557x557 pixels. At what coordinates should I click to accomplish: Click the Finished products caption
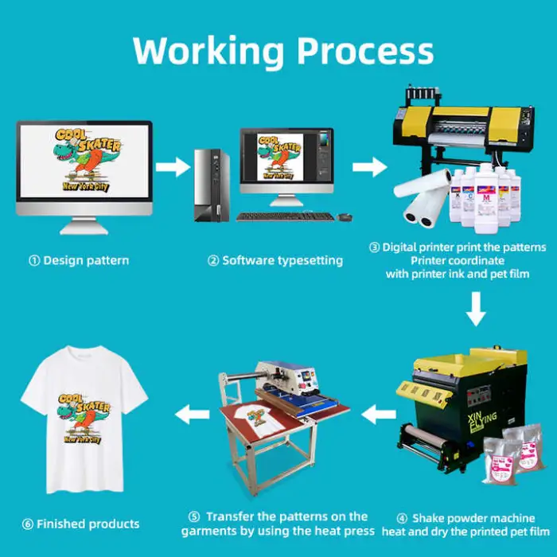click(81, 524)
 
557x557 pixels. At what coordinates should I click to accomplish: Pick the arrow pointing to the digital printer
click(366, 167)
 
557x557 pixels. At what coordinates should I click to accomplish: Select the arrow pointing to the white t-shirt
click(189, 413)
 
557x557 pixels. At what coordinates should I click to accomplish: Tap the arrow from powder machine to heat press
click(380, 413)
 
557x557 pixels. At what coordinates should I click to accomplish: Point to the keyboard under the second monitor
click(286, 216)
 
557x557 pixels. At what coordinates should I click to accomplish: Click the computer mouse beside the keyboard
click(345, 216)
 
